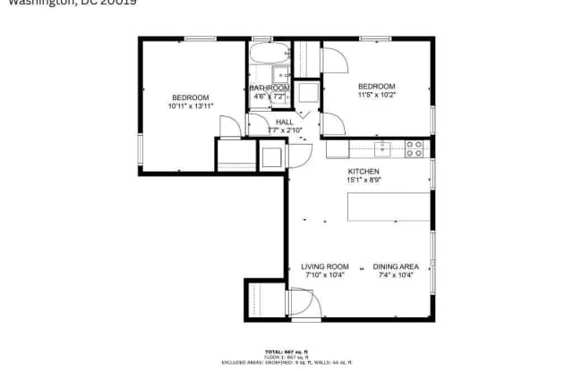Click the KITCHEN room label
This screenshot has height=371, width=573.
[363, 171]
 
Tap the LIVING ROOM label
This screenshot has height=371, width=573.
[323, 266]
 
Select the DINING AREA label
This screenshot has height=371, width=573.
[396, 266]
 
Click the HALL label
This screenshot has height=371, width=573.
[285, 122]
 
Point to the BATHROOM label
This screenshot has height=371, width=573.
[269, 88]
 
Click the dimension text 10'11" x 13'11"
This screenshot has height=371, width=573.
[191, 106]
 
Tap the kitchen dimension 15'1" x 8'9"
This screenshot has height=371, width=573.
[363, 180]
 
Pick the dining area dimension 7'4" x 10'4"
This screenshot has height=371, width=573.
[396, 275]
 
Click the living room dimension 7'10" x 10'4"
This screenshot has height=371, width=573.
[323, 275]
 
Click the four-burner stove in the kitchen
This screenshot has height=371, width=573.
[415, 148]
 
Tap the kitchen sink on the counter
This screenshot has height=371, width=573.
[382, 146]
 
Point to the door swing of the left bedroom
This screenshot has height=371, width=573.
[228, 127]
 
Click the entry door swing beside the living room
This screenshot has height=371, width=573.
[301, 304]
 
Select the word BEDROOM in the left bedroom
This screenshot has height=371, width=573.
[191, 97]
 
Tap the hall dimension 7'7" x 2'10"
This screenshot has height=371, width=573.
[285, 131]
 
